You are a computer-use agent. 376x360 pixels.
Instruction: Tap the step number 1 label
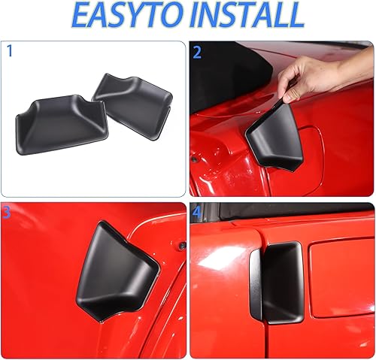(x=9, y=52)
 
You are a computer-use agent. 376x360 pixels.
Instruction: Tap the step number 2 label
(x=197, y=52)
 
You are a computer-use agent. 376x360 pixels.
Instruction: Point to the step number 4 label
(x=197, y=213)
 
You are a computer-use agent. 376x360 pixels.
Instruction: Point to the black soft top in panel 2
(x=218, y=75)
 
